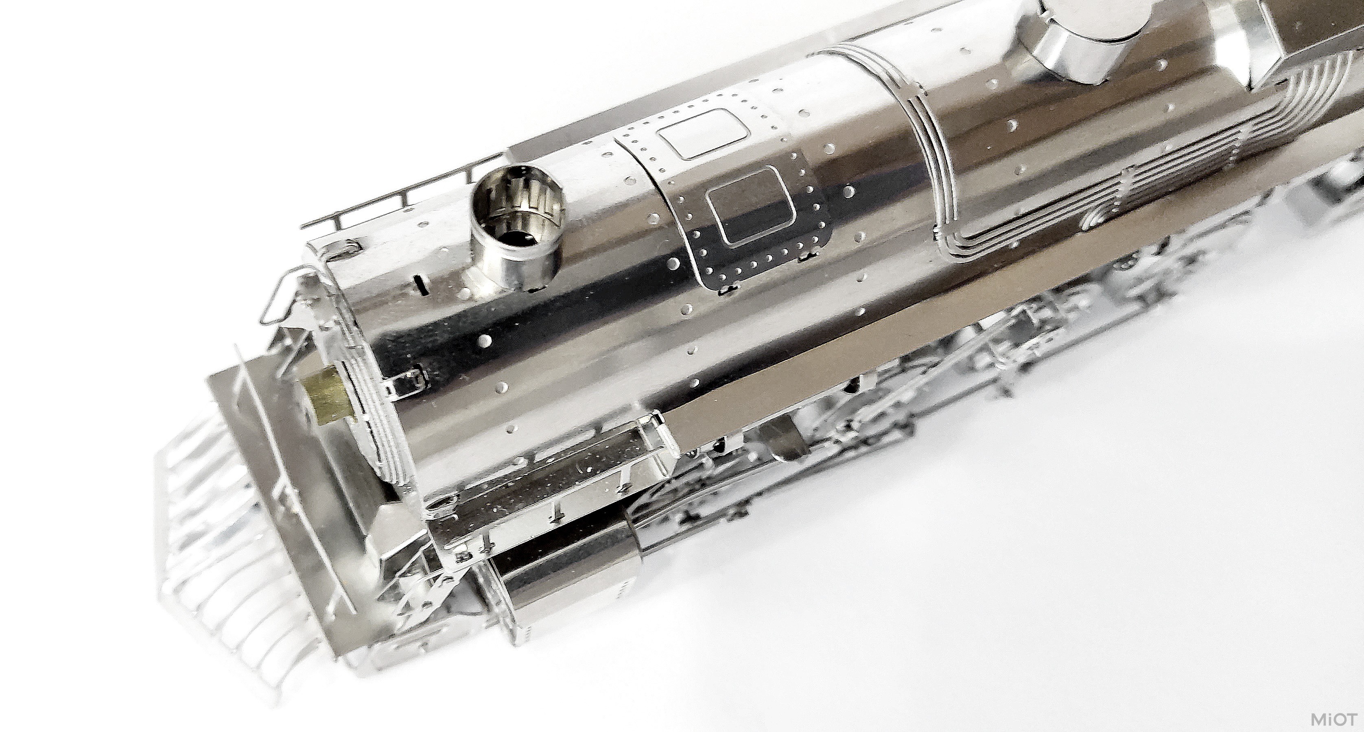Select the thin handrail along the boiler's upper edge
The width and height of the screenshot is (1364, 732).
pos(402,196)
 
